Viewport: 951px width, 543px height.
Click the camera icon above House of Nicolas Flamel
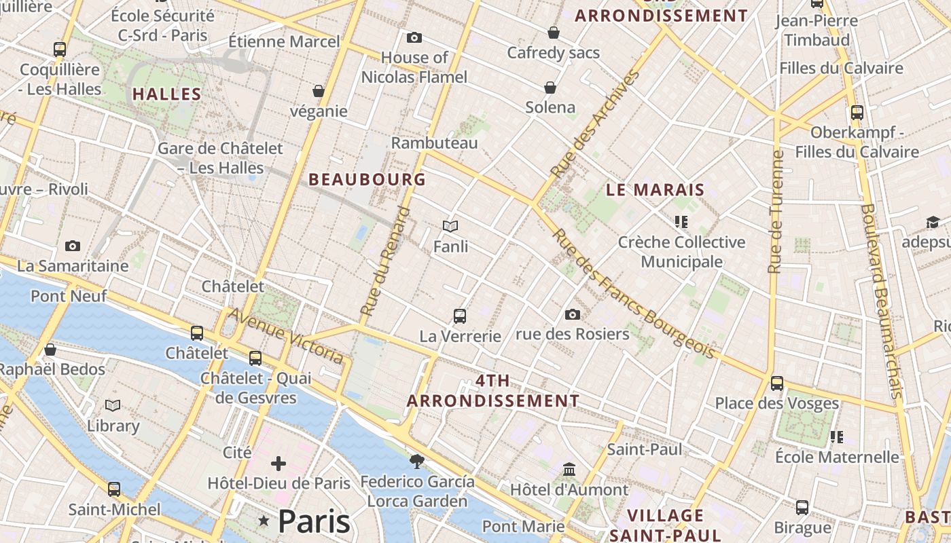(414, 38)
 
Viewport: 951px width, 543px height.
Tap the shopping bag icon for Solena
(550, 88)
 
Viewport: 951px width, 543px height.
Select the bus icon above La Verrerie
(460, 316)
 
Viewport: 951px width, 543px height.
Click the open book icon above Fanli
(450, 226)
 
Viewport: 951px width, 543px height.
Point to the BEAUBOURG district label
(367, 180)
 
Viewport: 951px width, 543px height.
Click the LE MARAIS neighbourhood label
(655, 190)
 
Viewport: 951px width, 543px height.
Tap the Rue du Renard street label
(386, 262)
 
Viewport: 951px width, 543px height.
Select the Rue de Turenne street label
(775, 212)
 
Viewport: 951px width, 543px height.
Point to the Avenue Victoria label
(285, 335)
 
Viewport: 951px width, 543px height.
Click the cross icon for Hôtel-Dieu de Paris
(279, 464)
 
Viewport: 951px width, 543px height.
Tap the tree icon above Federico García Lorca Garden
(416, 462)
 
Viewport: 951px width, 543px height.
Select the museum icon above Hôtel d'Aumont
(569, 470)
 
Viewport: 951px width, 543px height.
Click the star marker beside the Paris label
(264, 521)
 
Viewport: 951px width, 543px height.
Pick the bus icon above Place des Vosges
(777, 383)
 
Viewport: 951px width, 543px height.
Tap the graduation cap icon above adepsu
(932, 223)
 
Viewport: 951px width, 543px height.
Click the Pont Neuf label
(68, 296)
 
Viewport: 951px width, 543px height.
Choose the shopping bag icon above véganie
(318, 91)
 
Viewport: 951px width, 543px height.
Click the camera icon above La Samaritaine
(73, 246)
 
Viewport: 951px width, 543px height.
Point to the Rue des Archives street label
(596, 124)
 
